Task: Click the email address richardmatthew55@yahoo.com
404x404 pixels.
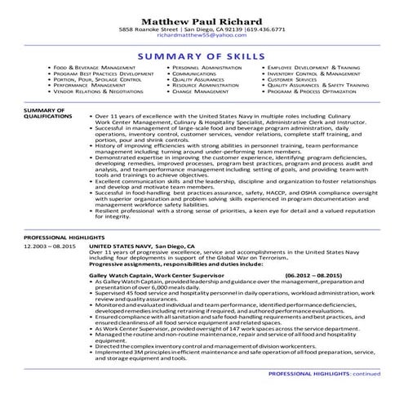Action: pyautogui.click(x=202, y=36)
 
